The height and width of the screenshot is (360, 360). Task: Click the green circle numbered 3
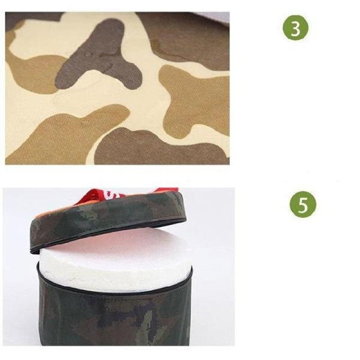pyautogui.click(x=296, y=28)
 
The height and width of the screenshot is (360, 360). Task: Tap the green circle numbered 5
pyautogui.click(x=303, y=204)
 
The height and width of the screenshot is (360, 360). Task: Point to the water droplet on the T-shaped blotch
pyautogui.click(x=88, y=55)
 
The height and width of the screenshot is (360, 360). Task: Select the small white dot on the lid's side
pyautogui.click(x=156, y=209)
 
